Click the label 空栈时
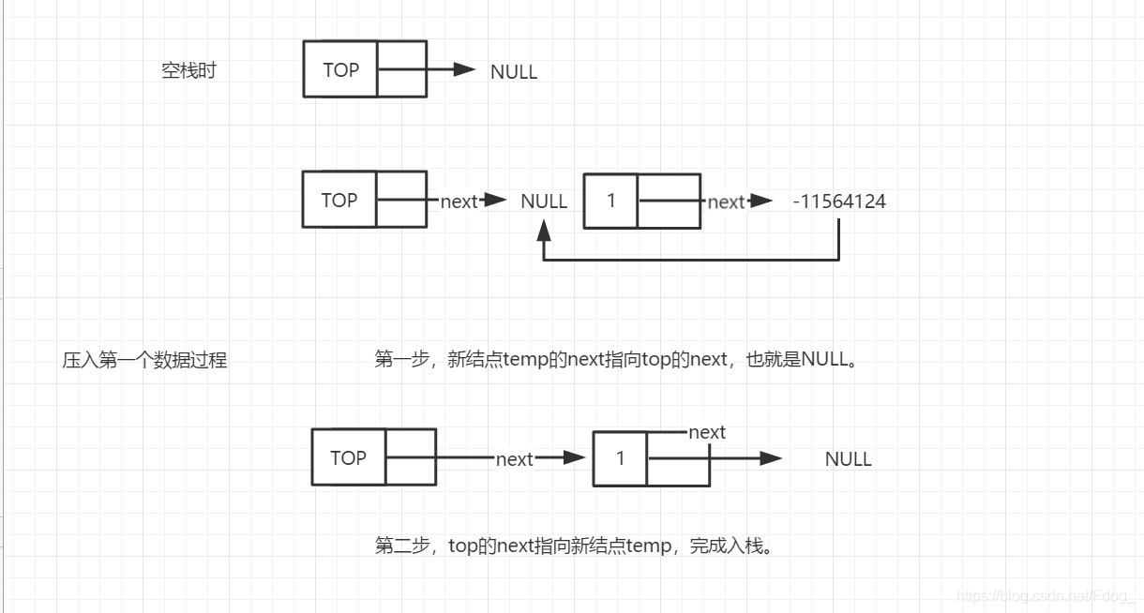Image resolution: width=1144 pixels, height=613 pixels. click(x=188, y=70)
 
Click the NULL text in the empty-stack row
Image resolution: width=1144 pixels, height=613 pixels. click(x=514, y=72)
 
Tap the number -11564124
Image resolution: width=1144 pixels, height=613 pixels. click(x=839, y=202)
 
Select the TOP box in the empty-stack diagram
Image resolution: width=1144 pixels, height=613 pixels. click(x=340, y=69)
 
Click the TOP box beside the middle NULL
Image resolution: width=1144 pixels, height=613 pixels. click(x=339, y=200)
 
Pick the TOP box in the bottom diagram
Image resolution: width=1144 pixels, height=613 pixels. click(x=348, y=457)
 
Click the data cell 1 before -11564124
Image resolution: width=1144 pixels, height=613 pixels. click(x=610, y=201)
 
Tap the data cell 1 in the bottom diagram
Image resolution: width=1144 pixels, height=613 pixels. click(x=620, y=458)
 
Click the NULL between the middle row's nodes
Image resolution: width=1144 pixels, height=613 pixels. click(x=544, y=202)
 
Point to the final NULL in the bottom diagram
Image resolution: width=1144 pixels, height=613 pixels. click(x=849, y=459)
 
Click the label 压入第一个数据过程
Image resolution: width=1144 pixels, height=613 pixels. click(x=145, y=360)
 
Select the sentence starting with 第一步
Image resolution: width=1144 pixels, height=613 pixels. click(x=616, y=359)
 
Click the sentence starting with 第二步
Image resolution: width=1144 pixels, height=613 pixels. click(x=574, y=546)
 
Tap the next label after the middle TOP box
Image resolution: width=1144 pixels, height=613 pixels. click(x=459, y=202)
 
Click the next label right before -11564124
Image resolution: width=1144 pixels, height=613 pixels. click(x=726, y=202)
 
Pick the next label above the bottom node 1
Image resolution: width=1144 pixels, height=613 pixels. click(x=707, y=432)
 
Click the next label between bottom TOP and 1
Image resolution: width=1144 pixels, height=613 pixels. click(x=514, y=459)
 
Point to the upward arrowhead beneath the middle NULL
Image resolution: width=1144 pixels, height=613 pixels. click(x=544, y=230)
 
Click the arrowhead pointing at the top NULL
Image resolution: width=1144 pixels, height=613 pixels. click(x=464, y=69)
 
